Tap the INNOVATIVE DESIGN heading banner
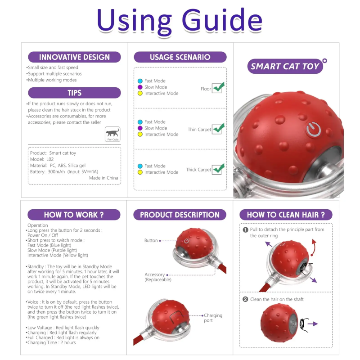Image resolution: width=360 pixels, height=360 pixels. (74, 57)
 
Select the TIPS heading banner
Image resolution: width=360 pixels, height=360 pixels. (74, 93)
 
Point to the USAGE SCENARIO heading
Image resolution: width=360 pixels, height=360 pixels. (180, 57)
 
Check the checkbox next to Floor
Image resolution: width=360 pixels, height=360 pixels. (218, 88)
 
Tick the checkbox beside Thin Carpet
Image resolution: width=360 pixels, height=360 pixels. (218, 129)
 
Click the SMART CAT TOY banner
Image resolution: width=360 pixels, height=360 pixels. (285, 67)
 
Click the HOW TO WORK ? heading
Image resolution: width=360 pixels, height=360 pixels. (74, 215)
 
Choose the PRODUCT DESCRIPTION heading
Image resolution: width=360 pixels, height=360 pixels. (180, 215)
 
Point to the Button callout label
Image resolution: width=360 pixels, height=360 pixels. (151, 241)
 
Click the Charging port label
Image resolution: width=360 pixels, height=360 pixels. (213, 318)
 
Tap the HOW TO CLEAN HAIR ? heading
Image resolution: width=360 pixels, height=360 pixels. (286, 215)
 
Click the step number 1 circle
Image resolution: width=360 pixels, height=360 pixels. (246, 229)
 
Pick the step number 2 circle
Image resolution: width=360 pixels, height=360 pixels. (246, 299)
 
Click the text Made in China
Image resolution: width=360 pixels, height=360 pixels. (103, 178)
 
